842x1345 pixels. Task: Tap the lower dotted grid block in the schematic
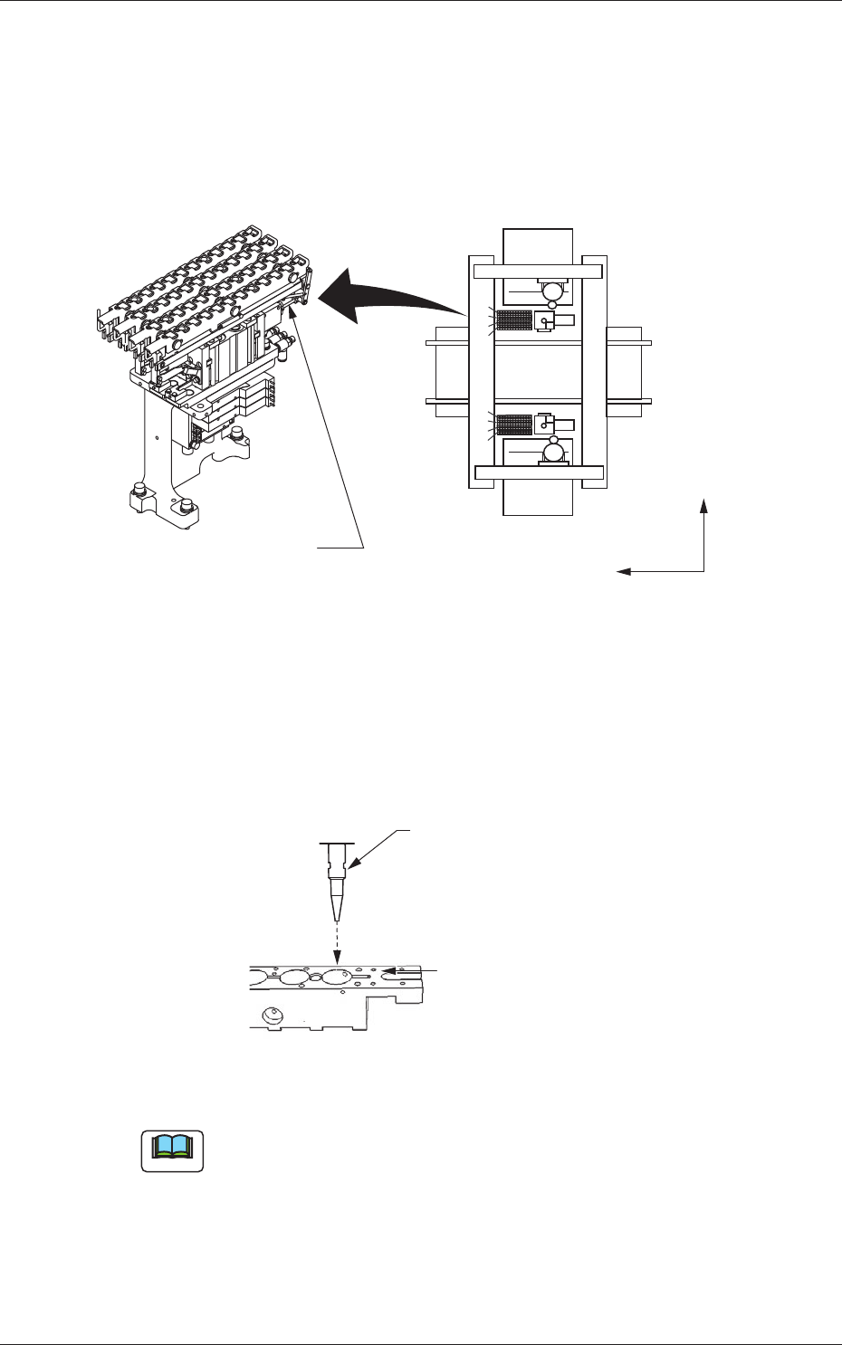[x=514, y=424]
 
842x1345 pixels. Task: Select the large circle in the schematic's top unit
[x=552, y=291]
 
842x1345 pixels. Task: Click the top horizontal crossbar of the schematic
[x=537, y=271]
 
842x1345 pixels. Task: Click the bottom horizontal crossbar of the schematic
[x=537, y=471]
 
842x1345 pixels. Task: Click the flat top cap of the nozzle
[x=336, y=844]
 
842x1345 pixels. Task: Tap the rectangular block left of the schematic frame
[x=450, y=371]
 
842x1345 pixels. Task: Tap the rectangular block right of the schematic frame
[x=625, y=371]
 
